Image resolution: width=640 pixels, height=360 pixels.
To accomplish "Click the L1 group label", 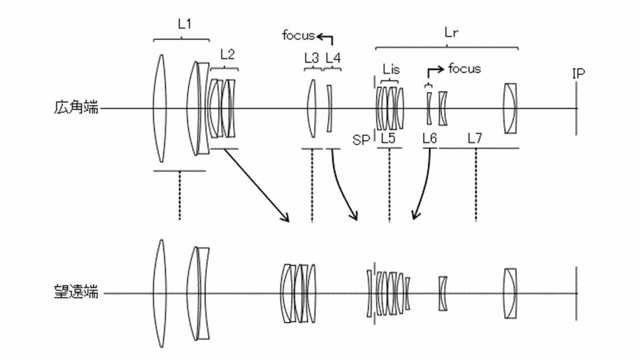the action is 185,25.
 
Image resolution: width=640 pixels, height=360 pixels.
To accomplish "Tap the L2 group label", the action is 227,54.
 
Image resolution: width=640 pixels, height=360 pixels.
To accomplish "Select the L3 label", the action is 311,58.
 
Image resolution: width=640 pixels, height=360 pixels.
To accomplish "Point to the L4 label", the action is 333,58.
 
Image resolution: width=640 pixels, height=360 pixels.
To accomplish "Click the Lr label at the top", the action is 451,33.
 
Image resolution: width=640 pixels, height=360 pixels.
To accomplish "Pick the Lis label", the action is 391,69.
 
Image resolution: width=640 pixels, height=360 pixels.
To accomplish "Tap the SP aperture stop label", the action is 361,140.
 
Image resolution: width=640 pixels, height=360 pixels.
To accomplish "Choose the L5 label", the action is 388,138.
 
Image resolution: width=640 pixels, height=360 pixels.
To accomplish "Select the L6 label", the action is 430,138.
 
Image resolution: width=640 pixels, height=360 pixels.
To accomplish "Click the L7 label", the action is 475,138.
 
